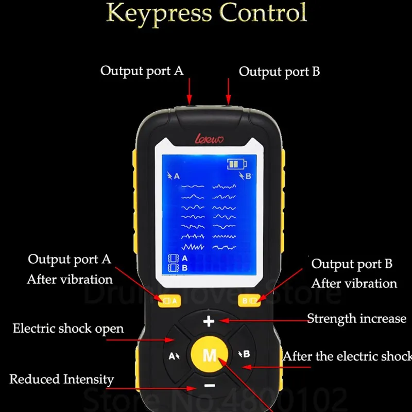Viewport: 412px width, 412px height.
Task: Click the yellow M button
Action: click(x=209, y=354)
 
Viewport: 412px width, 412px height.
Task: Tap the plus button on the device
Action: click(x=209, y=322)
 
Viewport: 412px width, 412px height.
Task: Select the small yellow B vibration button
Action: click(x=251, y=300)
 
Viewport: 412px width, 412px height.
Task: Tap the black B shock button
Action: click(x=244, y=354)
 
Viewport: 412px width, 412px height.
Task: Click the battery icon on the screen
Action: click(x=237, y=165)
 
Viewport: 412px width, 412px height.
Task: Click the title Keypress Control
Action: click(x=206, y=12)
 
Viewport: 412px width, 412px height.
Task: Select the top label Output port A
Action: click(x=142, y=71)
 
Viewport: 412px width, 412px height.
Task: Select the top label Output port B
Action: click(x=279, y=72)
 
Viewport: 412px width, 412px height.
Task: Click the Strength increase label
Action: click(x=356, y=318)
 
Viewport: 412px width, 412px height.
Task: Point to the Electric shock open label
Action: click(x=68, y=328)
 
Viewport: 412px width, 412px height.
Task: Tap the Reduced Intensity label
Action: click(x=61, y=380)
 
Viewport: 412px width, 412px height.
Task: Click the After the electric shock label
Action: click(x=347, y=356)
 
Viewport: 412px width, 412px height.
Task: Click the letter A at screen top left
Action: click(x=177, y=176)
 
